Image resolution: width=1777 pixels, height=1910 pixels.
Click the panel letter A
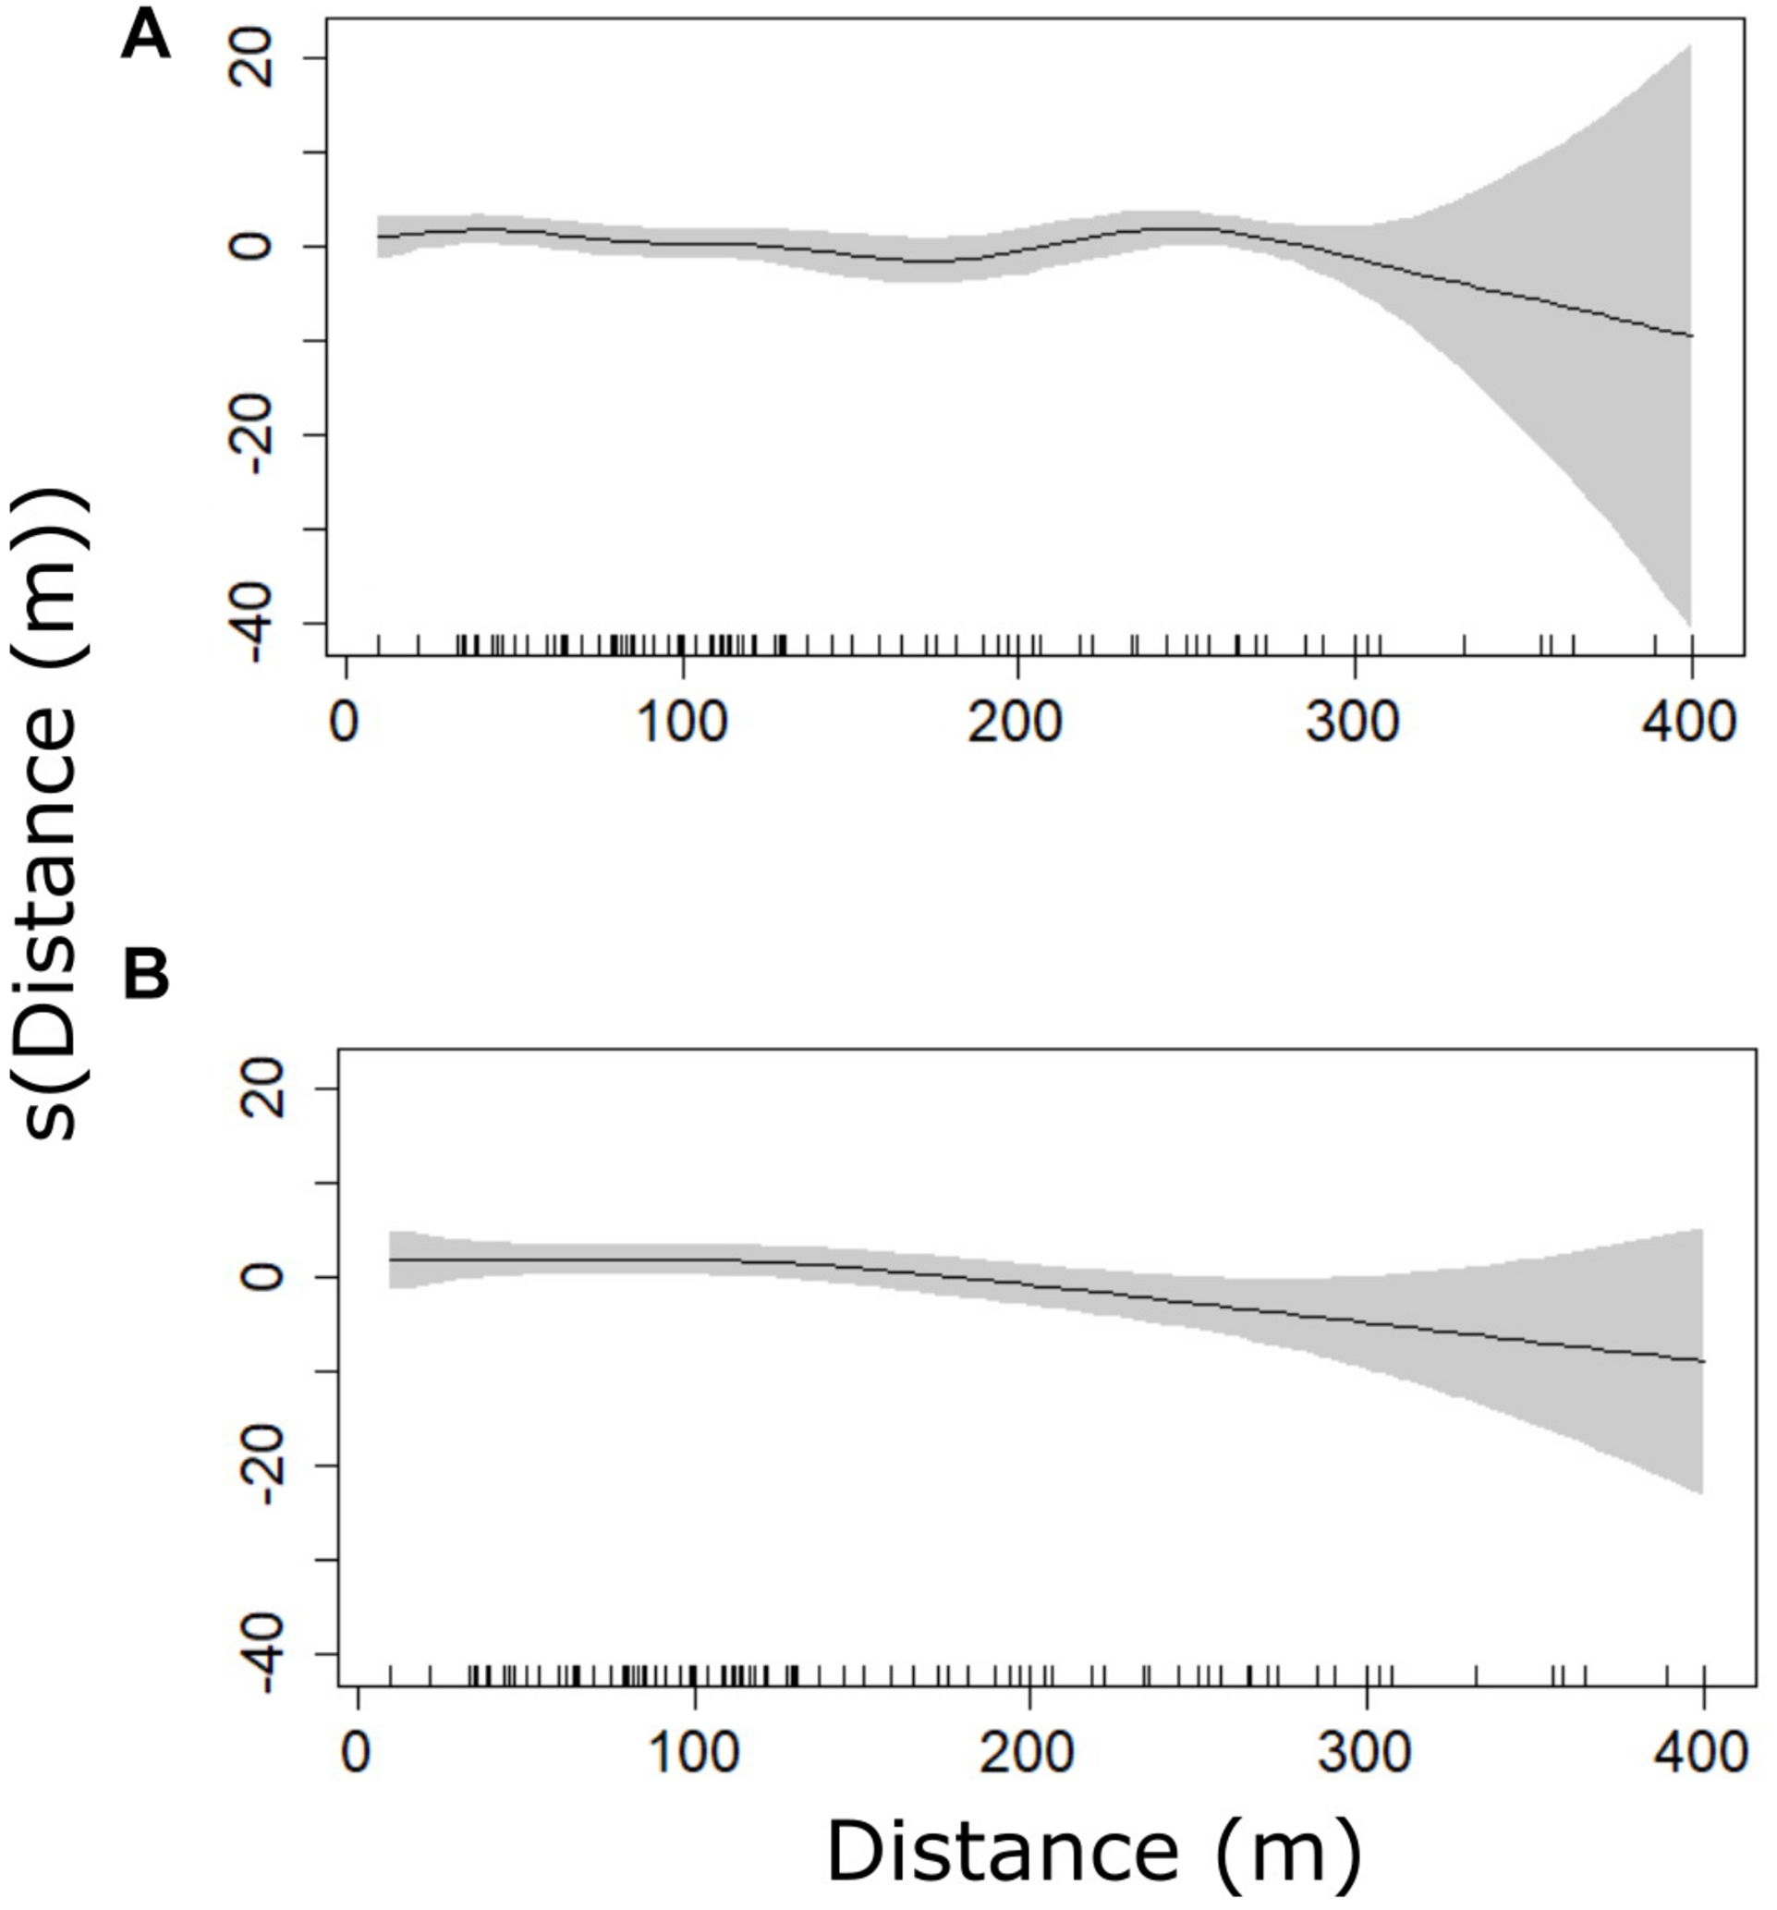point(145,40)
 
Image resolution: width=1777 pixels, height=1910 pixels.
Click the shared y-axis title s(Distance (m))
point(50,817)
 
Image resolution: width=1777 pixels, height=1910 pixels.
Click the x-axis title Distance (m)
point(1093,1853)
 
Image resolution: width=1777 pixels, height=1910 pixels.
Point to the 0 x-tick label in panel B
point(358,1751)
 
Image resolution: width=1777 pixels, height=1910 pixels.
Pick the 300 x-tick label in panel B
point(1366,1751)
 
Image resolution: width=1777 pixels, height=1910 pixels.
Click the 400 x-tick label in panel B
point(1702,1751)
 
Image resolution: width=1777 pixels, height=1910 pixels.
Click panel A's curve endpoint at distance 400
point(1690,335)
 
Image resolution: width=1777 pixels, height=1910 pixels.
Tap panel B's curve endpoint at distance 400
point(1702,1361)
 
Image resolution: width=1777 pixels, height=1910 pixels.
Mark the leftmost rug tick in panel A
point(380,644)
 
